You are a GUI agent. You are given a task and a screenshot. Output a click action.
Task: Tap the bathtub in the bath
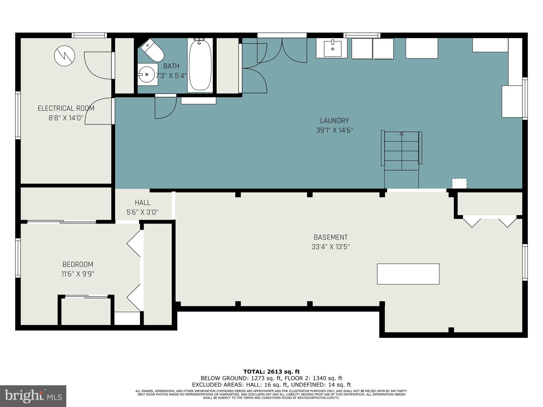tap(200, 65)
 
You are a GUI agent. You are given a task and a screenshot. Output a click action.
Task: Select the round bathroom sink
tap(148, 74)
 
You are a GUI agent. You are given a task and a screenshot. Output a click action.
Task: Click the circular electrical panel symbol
tap(64, 56)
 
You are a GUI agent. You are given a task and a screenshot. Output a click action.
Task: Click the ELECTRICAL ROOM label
tap(66, 108)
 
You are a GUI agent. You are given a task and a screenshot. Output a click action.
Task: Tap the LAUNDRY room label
tap(334, 121)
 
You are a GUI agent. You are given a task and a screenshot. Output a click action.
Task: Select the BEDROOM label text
tap(78, 264)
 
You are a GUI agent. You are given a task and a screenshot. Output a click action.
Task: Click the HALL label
tap(143, 203)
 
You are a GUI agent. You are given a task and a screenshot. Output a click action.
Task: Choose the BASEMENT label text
tap(331, 237)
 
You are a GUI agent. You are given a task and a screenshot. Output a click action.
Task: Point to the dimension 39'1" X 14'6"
tap(335, 130)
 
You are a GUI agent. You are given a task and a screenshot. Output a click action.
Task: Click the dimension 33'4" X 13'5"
tap(331, 247)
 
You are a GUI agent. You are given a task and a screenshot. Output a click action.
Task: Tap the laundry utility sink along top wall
tap(331, 48)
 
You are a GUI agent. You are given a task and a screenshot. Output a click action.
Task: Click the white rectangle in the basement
tap(408, 274)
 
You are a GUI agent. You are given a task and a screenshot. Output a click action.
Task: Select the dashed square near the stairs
tap(459, 183)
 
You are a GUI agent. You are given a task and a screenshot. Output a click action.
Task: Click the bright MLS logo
tap(33, 396)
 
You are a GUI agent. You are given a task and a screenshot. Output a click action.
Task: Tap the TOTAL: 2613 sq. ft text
tap(271, 372)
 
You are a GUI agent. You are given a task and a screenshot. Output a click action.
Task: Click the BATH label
tap(171, 66)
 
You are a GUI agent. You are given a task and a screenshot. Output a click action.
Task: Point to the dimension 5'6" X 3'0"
tap(143, 212)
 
